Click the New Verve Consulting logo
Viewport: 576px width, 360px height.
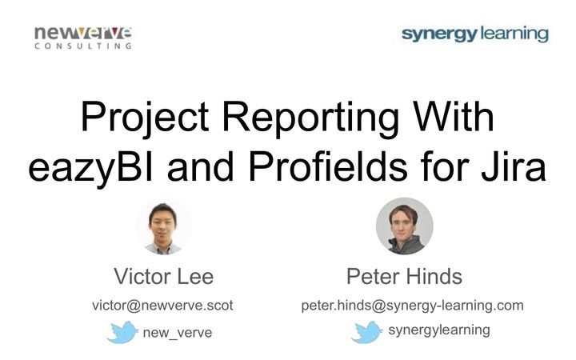click(83, 38)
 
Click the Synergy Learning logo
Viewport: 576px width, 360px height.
click(475, 34)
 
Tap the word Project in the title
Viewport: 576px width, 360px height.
click(145, 117)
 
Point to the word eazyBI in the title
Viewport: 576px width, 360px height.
click(90, 167)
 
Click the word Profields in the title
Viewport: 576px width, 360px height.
click(328, 166)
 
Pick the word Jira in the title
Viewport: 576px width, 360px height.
click(513, 166)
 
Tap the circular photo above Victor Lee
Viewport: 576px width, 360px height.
click(164, 228)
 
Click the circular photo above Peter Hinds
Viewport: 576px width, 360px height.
click(405, 226)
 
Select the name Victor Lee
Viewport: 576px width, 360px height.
click(163, 276)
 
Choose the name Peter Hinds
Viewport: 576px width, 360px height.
click(404, 276)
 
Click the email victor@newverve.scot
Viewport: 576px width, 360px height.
click(162, 306)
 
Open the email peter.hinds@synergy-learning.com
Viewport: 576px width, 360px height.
click(412, 306)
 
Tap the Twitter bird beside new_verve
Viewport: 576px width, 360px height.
click(122, 332)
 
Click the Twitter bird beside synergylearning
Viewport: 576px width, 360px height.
click(366, 332)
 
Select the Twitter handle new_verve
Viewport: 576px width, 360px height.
click(178, 333)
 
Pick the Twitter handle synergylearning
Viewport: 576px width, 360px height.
click(439, 330)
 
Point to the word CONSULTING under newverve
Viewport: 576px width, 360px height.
click(83, 46)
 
